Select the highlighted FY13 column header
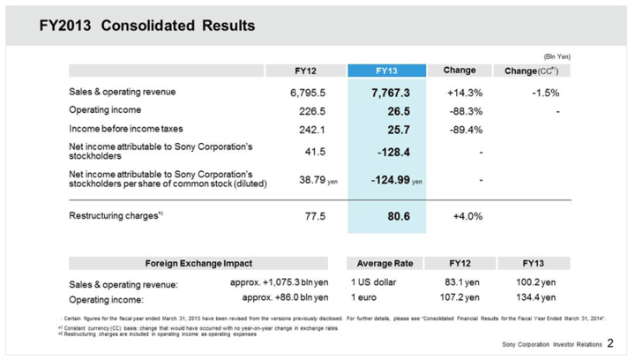[387, 71]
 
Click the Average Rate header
[385, 264]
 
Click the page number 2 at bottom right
[610, 342]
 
